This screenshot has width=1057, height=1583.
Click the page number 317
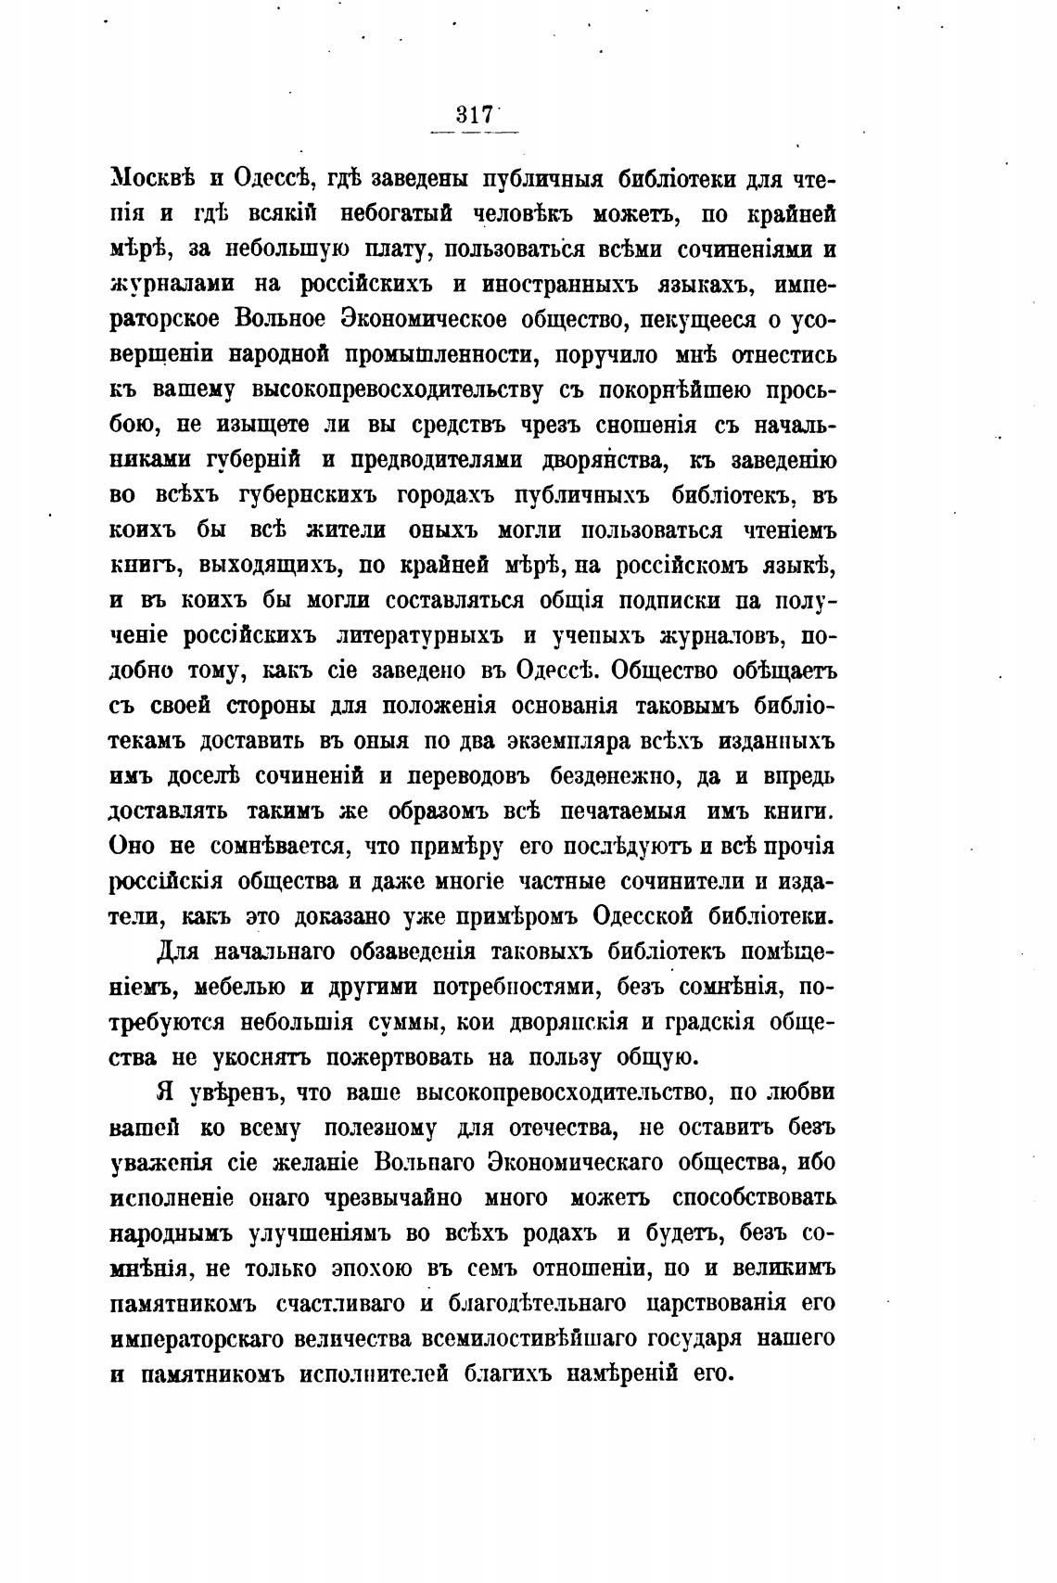473,117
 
